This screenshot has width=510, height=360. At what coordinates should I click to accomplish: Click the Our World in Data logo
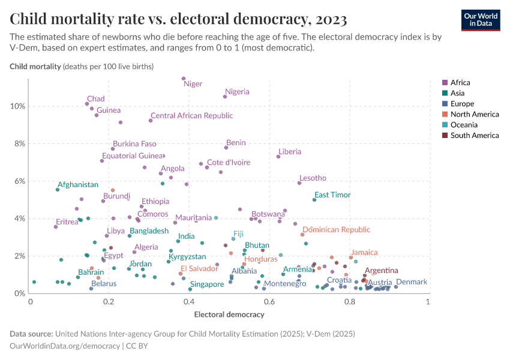pyautogui.click(x=480, y=20)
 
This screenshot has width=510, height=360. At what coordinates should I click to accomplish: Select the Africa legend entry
pyautogui.click(x=461, y=83)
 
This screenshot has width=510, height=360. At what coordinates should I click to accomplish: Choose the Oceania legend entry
pyautogui.click(x=464, y=125)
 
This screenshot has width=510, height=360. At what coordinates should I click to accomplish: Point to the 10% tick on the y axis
pyautogui.click(x=17, y=106)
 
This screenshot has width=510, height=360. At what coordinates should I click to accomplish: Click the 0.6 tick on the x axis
pyautogui.click(x=269, y=302)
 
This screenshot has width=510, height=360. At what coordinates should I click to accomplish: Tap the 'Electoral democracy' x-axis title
pyautogui.click(x=229, y=314)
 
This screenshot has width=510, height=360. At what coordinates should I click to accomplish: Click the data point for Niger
pyautogui.click(x=184, y=79)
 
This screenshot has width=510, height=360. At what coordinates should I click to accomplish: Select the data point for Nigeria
pyautogui.click(x=225, y=97)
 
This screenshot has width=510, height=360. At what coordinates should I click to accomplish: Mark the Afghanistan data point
pyautogui.click(x=58, y=190)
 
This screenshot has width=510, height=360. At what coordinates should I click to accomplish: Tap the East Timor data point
pyautogui.click(x=314, y=200)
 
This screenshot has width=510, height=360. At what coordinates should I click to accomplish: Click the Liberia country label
pyautogui.click(x=290, y=152)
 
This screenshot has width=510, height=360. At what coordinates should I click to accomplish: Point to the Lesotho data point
pyautogui.click(x=299, y=183)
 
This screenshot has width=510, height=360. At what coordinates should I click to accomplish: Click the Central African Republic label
pyautogui.click(x=191, y=116)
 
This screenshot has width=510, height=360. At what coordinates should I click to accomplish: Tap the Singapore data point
pyautogui.click(x=190, y=289)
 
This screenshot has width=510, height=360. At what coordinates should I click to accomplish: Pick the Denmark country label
pyautogui.click(x=412, y=282)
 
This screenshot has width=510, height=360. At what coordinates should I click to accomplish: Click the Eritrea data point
pyautogui.click(x=56, y=227)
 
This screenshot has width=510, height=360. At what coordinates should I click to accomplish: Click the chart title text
pyautogui.click(x=178, y=20)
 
